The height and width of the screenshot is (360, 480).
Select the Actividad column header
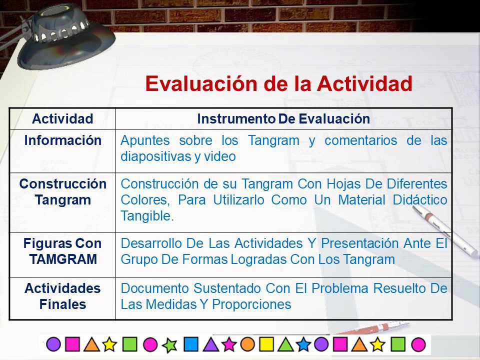tap(63, 119)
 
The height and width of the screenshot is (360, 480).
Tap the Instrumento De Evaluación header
tap(283, 119)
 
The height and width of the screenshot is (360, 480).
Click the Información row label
tap(63, 140)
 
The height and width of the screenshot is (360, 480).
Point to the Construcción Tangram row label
tap(63, 192)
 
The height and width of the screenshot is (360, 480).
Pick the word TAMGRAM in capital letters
tap(63, 259)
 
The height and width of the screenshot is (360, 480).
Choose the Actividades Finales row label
tap(63, 296)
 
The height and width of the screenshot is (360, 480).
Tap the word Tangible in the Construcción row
tap(147, 216)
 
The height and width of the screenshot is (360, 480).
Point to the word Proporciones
tap(251, 304)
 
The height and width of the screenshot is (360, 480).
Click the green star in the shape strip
tap(169, 345)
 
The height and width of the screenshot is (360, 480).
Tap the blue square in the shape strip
tap(191, 344)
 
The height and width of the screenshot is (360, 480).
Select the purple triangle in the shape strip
tap(211, 344)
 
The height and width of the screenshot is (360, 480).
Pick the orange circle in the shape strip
tap(247, 344)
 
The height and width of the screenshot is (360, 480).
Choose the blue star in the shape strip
tap(303, 344)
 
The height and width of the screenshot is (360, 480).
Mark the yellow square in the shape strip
tap(266, 344)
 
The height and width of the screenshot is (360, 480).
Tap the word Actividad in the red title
tap(364, 84)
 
